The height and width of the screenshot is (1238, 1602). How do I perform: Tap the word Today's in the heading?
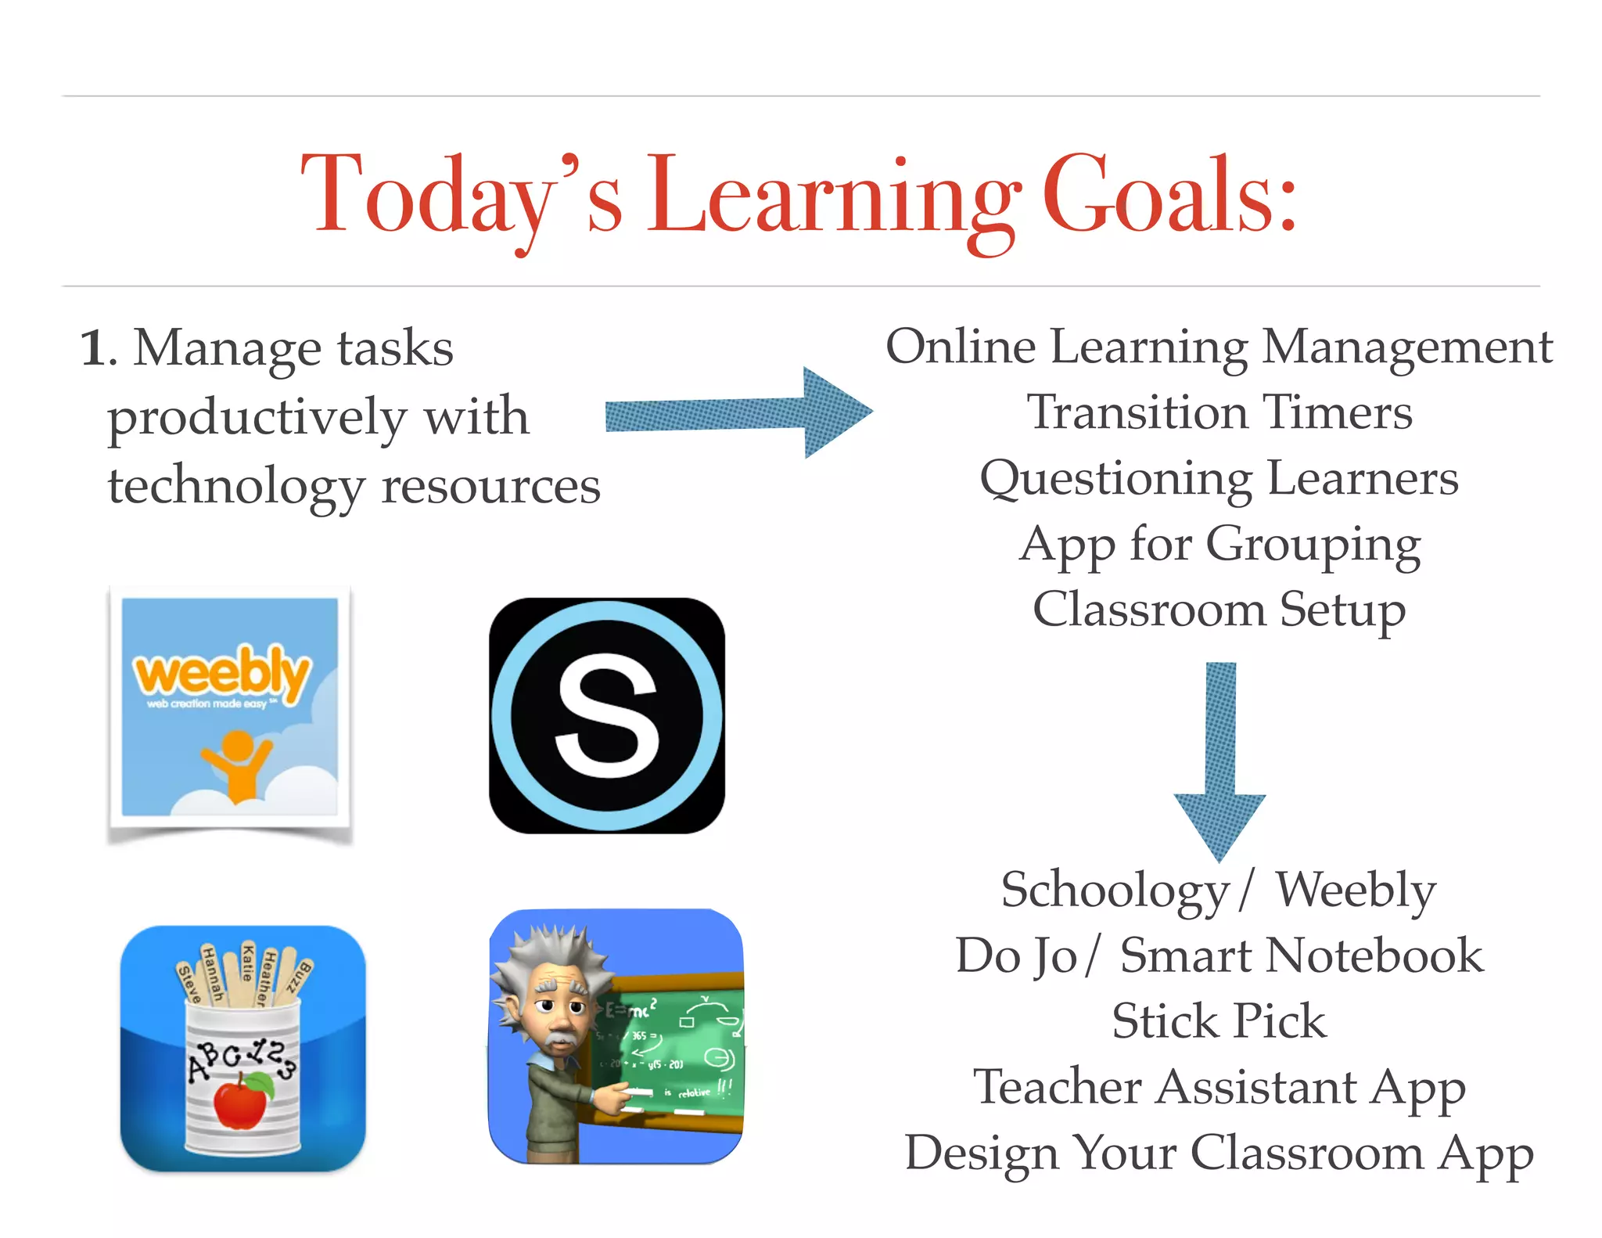tap(462, 196)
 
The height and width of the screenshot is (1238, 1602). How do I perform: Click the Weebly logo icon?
tap(230, 708)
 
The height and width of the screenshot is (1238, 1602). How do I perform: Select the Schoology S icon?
tap(607, 715)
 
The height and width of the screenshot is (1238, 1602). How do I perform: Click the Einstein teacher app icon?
tap(616, 1036)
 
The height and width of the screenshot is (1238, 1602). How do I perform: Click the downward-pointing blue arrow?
tap(1219, 760)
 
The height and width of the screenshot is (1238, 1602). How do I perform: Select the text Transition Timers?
tap(1219, 412)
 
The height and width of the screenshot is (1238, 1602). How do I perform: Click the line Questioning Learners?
tap(1219, 479)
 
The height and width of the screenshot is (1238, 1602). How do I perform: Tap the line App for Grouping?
tap(1219, 545)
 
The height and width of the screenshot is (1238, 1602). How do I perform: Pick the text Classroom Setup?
tap(1219, 610)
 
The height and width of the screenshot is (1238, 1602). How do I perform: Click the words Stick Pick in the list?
tap(1219, 1021)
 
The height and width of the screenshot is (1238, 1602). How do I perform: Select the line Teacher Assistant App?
tap(1219, 1087)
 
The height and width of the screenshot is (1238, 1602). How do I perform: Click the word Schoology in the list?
tap(1115, 891)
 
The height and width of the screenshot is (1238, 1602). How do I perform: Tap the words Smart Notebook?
tap(1302, 956)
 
